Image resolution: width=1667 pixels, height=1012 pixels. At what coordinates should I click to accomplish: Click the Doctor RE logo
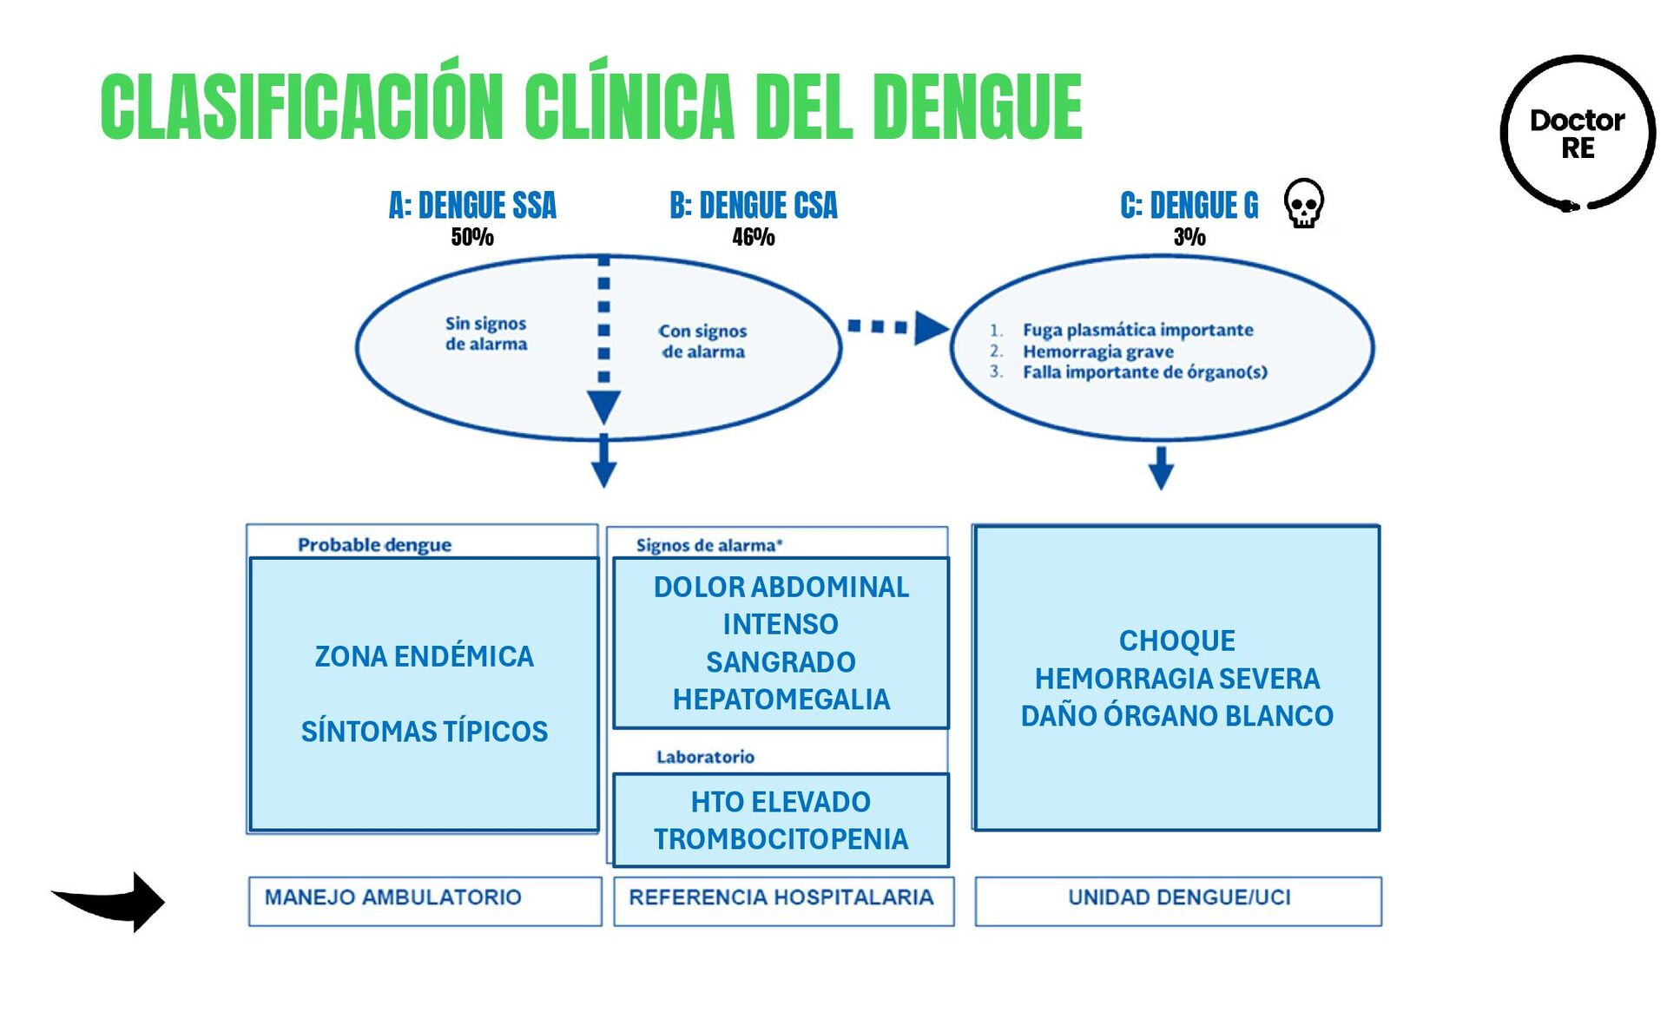pos(1577,133)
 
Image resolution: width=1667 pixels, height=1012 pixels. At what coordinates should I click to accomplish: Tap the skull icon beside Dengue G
pos(1303,204)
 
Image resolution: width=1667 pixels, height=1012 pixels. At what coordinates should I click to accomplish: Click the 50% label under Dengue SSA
pos(472,237)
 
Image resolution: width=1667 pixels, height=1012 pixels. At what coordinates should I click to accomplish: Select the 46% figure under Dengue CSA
pos(753,237)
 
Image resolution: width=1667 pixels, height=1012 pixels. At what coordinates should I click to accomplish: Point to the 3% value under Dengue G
pos(1189,237)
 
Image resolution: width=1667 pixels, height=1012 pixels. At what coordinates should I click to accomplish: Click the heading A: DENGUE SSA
pos(472,206)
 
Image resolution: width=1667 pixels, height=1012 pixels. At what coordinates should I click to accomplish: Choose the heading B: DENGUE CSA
pos(753,206)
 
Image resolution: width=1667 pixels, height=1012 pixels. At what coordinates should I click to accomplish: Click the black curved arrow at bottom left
pos(113,902)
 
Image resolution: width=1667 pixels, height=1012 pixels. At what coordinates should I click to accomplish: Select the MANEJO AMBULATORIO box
pos(425,900)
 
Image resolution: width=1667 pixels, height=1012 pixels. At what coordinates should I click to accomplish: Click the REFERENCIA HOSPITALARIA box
pos(783,900)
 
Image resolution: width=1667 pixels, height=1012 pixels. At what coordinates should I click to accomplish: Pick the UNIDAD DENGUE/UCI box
pos(1178,900)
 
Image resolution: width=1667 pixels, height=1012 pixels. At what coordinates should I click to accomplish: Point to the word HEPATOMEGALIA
pos(781,700)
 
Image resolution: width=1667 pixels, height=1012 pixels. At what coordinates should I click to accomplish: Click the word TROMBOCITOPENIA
pos(781,839)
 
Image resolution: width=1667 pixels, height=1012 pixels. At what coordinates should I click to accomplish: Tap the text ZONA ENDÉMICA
pos(424,657)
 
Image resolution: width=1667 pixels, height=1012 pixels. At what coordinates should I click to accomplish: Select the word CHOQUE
pos(1176,641)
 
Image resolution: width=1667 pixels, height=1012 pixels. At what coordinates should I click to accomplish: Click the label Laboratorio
pos(705,757)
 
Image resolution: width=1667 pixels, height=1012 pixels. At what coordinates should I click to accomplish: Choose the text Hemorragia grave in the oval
pos(1097,352)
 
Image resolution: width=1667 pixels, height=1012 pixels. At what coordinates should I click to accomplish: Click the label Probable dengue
pos(374,545)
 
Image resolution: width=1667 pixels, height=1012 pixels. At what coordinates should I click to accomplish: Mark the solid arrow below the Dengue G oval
pos(1161,469)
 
